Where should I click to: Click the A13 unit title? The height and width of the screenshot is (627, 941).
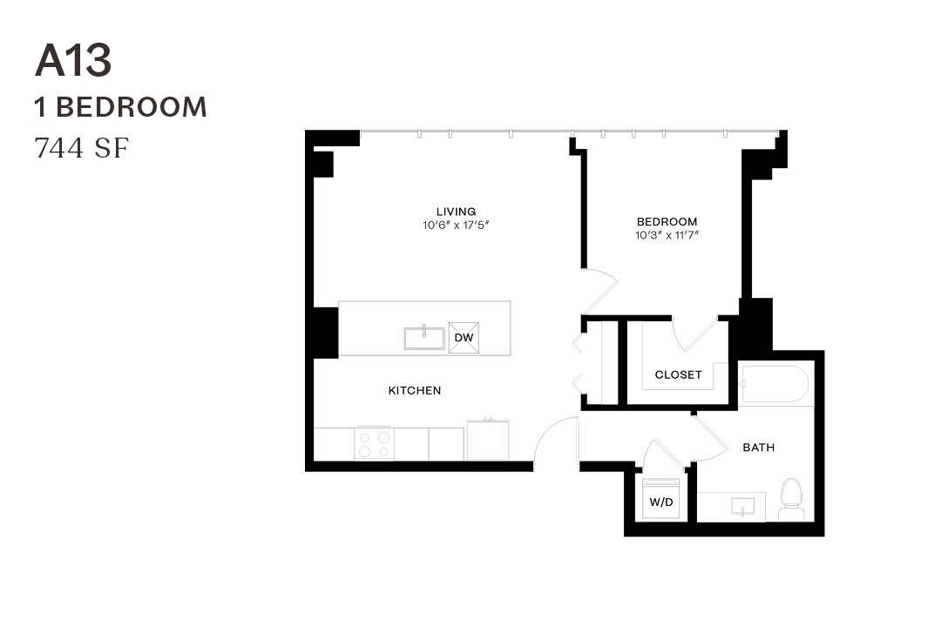(x=73, y=62)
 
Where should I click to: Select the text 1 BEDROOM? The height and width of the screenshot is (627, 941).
(x=120, y=107)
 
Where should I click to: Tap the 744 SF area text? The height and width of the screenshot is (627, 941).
(x=81, y=148)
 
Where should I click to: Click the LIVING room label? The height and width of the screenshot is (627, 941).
(x=456, y=212)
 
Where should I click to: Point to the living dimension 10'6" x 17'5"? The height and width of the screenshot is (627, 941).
(x=456, y=225)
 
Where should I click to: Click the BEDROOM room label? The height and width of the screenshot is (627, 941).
(x=667, y=221)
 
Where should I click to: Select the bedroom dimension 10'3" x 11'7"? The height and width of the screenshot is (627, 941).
(x=667, y=234)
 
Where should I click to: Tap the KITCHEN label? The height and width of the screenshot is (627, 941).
(x=414, y=391)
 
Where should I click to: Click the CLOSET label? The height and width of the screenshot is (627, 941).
(x=678, y=375)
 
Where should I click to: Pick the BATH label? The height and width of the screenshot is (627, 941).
(x=758, y=448)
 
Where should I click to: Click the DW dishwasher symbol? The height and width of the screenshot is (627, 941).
(x=464, y=337)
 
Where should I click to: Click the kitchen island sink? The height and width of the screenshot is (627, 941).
(x=424, y=337)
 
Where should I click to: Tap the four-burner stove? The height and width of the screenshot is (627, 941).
(x=374, y=443)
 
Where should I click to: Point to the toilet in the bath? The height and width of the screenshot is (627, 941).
(x=791, y=498)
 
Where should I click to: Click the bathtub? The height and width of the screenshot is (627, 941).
(x=775, y=384)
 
